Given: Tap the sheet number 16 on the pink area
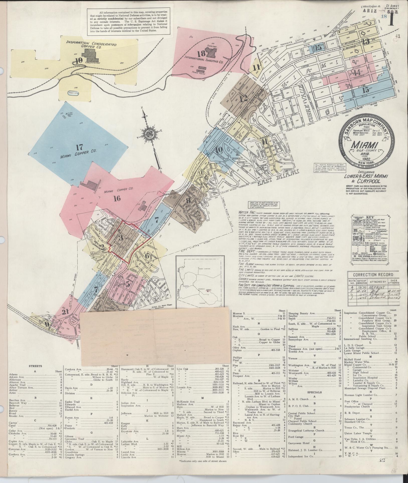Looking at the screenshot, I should pos(117,199).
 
